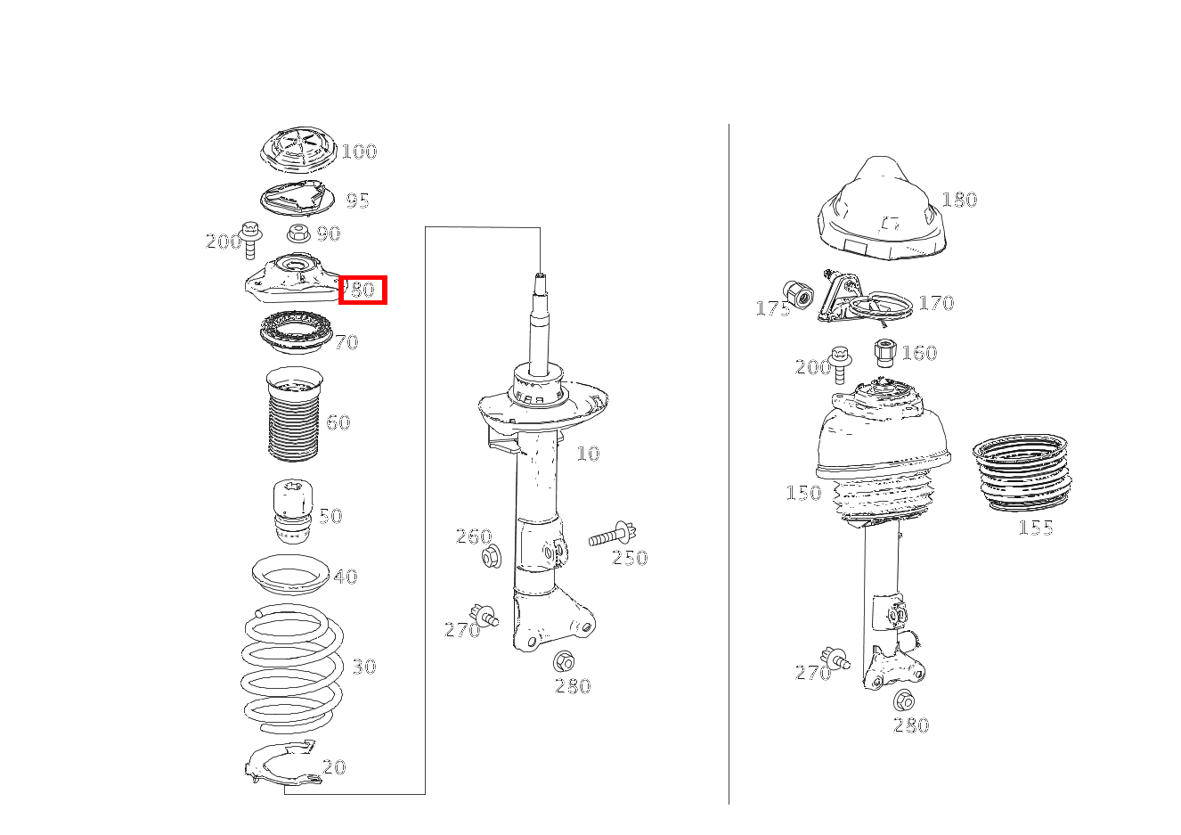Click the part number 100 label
click(x=359, y=151)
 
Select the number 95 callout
click(x=357, y=201)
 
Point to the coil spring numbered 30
click(x=292, y=668)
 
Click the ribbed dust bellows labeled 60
click(x=294, y=414)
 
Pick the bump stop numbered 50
click(x=293, y=512)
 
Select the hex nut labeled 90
click(x=298, y=233)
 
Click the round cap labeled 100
click(x=298, y=150)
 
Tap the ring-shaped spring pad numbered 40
click(x=290, y=575)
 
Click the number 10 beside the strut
click(x=588, y=453)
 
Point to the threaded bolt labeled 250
click(x=613, y=536)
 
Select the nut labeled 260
click(x=492, y=557)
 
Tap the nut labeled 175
click(x=798, y=295)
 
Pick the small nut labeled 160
click(x=884, y=352)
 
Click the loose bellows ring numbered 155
click(x=1022, y=473)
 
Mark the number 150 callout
click(x=803, y=493)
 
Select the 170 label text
click(x=936, y=303)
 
